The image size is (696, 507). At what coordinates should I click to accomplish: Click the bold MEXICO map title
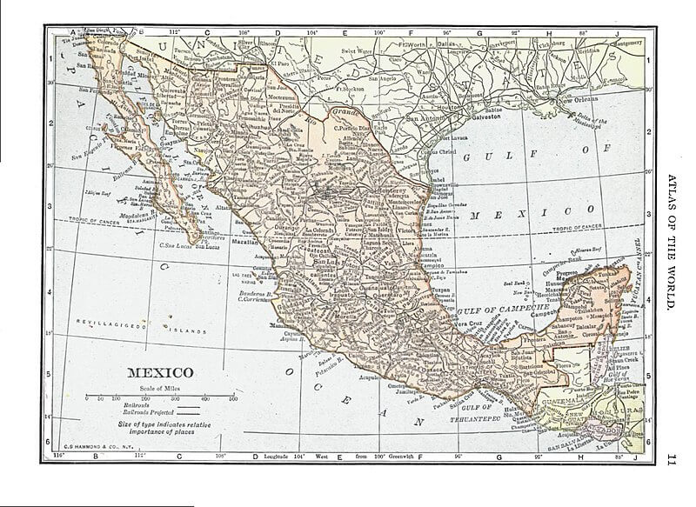click(162, 373)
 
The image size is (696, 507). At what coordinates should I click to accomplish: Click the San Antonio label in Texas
click(425, 118)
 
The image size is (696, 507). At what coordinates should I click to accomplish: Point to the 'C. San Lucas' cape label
click(175, 246)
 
